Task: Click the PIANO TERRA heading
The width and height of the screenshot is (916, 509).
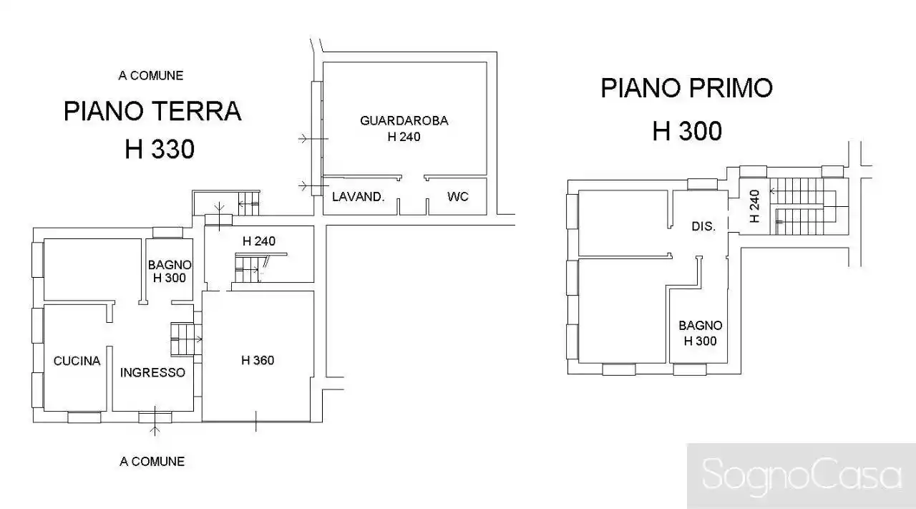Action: (x=152, y=112)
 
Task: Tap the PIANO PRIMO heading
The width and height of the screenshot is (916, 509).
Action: (x=686, y=88)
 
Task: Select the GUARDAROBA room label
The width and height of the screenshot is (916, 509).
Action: (x=404, y=121)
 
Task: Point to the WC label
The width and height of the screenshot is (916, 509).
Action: (x=457, y=196)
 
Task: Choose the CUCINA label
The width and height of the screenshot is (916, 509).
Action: (x=77, y=361)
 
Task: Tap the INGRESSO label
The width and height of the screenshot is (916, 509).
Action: (x=152, y=372)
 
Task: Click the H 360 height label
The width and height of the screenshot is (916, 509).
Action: (x=257, y=360)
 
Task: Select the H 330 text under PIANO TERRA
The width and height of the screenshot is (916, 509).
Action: (x=159, y=150)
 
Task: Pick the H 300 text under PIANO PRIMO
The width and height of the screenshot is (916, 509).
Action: (x=686, y=131)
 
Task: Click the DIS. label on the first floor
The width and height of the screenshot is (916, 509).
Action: (x=703, y=226)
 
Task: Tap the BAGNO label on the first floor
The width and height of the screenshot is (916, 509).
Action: (x=700, y=325)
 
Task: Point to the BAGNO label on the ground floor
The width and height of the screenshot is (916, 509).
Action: (x=170, y=265)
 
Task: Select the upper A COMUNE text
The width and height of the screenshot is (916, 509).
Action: (x=151, y=75)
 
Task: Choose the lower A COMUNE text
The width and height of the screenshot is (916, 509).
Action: (x=152, y=462)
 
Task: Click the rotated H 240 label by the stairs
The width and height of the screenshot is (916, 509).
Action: (x=754, y=206)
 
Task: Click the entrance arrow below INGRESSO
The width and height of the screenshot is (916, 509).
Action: (x=155, y=429)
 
